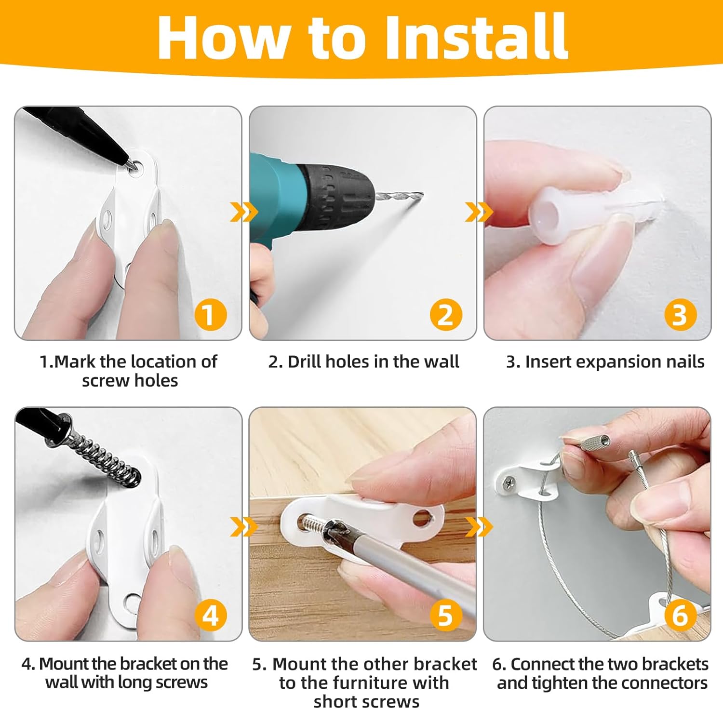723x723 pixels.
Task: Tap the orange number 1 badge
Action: [x=211, y=314]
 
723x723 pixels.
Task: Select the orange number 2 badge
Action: [x=446, y=314]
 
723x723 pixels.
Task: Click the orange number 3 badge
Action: [x=680, y=314]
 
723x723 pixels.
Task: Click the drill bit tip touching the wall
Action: [x=421, y=194]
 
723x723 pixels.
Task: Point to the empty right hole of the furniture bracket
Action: [x=422, y=518]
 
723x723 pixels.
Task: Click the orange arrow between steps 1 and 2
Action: [x=244, y=212]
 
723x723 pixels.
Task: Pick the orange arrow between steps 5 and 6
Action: [x=479, y=527]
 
